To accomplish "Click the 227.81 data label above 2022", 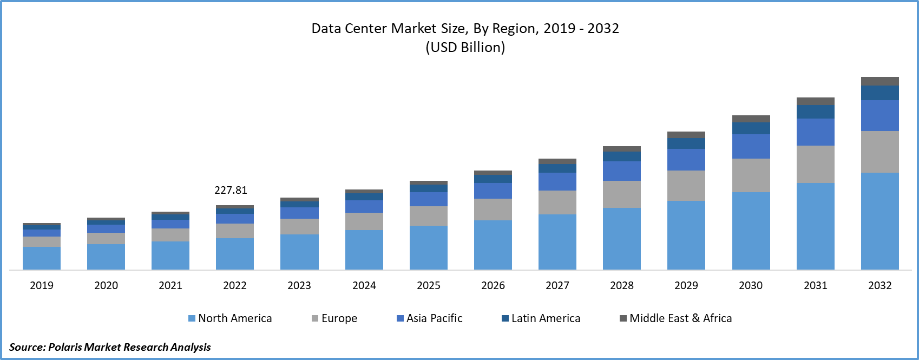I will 231,190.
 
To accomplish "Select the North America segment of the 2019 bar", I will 42,258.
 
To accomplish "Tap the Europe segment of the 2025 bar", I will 429,216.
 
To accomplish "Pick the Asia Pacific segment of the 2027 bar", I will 557,181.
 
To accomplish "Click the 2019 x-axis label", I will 42,285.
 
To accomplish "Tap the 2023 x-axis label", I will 299,285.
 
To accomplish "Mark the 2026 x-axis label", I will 493,285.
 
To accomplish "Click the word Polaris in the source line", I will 65,347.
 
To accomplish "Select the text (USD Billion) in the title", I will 465,47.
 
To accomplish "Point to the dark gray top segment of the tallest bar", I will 880,81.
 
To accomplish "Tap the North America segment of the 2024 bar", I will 364,250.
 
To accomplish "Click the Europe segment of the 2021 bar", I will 170,235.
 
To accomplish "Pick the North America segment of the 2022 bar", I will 235,254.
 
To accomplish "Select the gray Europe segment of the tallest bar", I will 880,152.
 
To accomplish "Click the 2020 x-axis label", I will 106,285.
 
